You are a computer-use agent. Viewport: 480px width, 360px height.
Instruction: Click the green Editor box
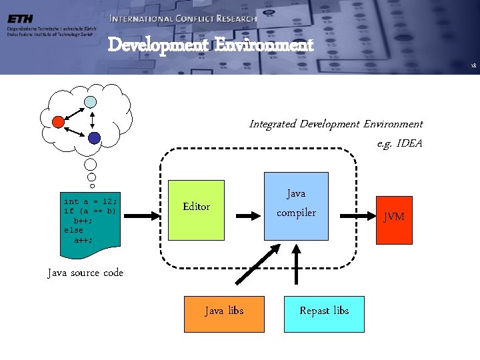(x=196, y=209)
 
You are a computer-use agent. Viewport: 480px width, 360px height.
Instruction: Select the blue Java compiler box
(x=297, y=205)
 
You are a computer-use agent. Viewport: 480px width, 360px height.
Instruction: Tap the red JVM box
(x=394, y=217)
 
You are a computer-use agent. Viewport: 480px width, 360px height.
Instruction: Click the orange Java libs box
(x=223, y=312)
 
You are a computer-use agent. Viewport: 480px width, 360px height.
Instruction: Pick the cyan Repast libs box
(x=324, y=312)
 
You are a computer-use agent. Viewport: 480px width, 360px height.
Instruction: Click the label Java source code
(x=85, y=273)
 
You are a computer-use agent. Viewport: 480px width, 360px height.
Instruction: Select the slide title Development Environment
(x=210, y=45)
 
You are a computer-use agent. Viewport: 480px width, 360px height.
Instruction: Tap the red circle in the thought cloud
(x=59, y=121)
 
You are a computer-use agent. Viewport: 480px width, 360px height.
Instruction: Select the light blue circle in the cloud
(x=90, y=102)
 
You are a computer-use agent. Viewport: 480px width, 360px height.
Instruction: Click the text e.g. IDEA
(x=399, y=143)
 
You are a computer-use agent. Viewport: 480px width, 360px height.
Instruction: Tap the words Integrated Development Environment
(x=335, y=124)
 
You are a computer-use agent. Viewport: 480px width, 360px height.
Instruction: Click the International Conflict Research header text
(x=183, y=19)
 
